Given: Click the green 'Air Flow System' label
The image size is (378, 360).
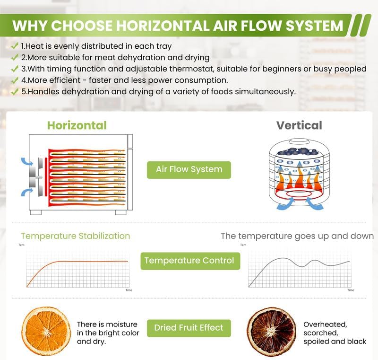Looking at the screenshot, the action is (189, 170).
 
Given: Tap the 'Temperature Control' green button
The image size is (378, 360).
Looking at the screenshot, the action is (190, 261).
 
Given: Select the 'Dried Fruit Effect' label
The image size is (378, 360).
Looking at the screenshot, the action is (189, 328).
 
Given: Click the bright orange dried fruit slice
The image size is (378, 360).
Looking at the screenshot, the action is (46, 331).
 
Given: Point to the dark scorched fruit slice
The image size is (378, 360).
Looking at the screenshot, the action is (271, 331).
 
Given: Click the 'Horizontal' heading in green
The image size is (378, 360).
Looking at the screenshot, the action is (77, 125).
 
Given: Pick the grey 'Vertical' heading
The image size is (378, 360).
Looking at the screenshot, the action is (299, 125).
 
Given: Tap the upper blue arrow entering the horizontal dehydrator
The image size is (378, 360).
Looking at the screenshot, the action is (27, 161).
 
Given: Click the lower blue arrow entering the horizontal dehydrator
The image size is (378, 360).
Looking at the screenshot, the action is (27, 192).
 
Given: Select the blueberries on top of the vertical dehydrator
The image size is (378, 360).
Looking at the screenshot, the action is (299, 151).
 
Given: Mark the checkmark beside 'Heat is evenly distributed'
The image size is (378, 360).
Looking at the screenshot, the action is (15, 45).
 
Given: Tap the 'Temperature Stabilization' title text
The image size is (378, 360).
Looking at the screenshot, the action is (76, 236).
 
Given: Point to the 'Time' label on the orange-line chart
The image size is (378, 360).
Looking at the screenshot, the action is (129, 290).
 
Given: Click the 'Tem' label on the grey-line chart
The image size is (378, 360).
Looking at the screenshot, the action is (243, 245).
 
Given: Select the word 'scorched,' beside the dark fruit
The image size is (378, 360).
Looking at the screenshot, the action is (321, 333).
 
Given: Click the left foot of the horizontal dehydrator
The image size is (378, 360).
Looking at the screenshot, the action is (36, 212).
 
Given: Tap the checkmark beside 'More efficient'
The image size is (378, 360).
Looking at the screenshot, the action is (15, 80).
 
